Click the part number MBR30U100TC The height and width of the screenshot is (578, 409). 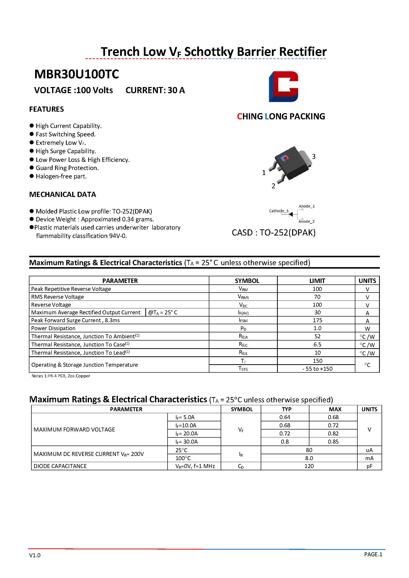pos(77,74)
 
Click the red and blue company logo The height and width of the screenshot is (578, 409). pos(283,86)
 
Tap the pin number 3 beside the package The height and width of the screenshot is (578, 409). pos(314,156)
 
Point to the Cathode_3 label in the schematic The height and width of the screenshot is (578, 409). pos(279,211)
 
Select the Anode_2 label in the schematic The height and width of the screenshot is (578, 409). pos(306,221)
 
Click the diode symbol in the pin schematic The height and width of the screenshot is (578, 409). pos(291,214)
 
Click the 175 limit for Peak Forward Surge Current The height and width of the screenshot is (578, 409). pos(317,320)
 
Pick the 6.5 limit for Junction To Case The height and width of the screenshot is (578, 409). pos(317,344)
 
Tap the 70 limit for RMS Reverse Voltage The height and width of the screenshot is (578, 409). pos(317,297)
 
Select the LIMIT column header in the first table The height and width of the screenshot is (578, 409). pos(317,281)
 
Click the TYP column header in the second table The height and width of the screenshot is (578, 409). pos(286,409)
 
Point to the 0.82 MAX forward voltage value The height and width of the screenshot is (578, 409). pos(333,433)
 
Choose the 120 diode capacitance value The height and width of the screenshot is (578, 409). pos(309,466)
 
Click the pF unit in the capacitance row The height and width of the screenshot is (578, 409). pos(369,466)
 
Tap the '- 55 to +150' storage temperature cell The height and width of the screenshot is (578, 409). pos(317,369)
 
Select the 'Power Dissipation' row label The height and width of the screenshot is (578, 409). pos(53,328)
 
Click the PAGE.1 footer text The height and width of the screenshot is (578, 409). pos(373,554)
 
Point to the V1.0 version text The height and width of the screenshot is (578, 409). pos(35,555)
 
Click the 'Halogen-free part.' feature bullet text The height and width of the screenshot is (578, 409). pos(61,176)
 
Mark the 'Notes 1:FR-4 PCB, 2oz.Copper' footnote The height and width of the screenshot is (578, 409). pos(61,376)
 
